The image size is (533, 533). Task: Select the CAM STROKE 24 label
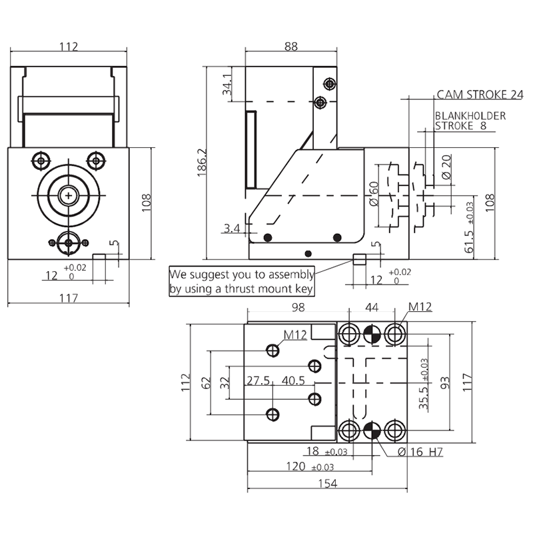(x=480, y=95)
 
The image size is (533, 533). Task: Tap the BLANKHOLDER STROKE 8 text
(x=470, y=121)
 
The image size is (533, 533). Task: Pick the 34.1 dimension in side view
(x=227, y=87)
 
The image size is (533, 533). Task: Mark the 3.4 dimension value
(x=231, y=229)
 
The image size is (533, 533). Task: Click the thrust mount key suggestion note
(x=241, y=282)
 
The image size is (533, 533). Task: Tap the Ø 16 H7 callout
(x=420, y=452)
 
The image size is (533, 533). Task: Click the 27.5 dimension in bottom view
(x=259, y=381)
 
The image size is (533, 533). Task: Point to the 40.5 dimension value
(x=293, y=381)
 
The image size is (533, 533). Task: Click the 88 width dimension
(x=290, y=47)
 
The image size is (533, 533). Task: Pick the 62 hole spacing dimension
(x=206, y=382)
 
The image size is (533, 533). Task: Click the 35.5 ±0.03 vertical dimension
(x=424, y=383)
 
